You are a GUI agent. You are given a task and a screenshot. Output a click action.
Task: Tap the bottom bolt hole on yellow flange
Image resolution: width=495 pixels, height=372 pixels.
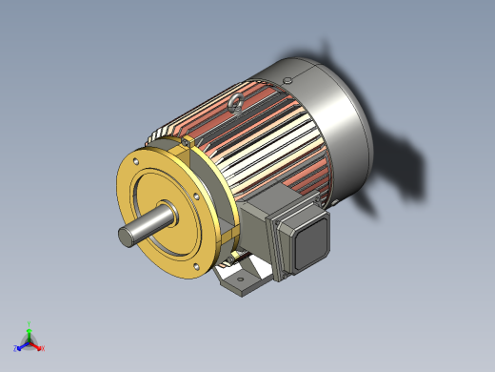coord(195,267)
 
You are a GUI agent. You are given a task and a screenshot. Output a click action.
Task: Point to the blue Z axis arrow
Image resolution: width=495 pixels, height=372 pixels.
coord(22,345)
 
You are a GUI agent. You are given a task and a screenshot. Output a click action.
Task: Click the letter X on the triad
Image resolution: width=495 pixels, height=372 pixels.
coord(44,348)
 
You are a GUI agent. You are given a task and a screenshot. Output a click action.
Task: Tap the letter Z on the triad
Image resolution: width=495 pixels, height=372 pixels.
coord(16,348)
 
